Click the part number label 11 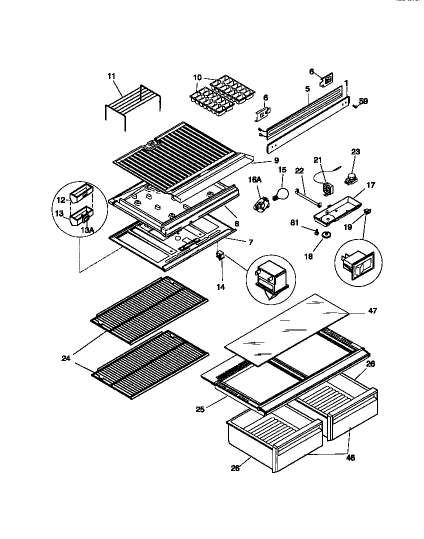click(111, 76)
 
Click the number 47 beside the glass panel click(372, 311)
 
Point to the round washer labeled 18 click(326, 235)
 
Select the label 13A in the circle click(87, 230)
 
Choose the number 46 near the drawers click(350, 457)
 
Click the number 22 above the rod click(299, 171)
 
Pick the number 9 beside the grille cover click(275, 161)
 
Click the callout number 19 click(347, 226)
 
